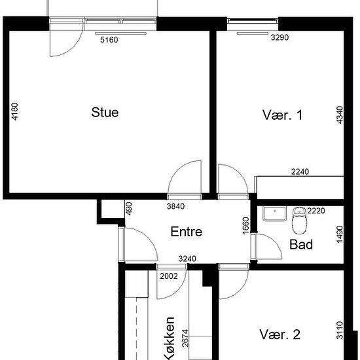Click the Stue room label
[x=105, y=113]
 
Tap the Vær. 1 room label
[x=282, y=115]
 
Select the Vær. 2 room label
[x=280, y=334]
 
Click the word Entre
[x=186, y=232]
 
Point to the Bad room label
[x=301, y=244]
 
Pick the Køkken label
[x=170, y=338]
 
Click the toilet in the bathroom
[x=299, y=221]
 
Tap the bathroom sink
[x=275, y=213]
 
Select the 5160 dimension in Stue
[x=109, y=40]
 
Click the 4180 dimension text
[x=14, y=111]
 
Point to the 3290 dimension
[x=279, y=37]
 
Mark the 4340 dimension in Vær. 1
[x=340, y=115]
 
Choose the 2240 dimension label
[x=300, y=171]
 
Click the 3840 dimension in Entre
[x=175, y=206]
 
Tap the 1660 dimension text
[x=245, y=226]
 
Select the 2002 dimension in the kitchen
[x=169, y=276]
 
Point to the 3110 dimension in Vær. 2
[x=340, y=330]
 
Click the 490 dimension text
[x=129, y=208]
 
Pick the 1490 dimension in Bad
[x=340, y=234]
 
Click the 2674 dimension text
[x=185, y=338]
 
